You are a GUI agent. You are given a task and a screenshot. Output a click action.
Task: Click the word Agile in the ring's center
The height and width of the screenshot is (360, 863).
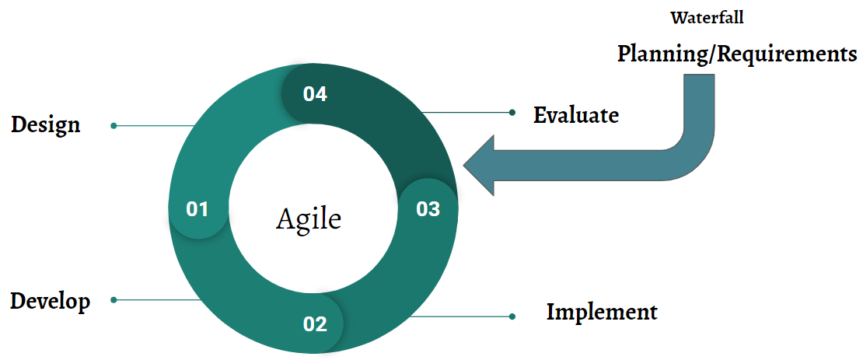coord(309,218)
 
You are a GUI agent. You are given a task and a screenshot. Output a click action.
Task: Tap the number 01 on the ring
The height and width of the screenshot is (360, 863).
coord(197,209)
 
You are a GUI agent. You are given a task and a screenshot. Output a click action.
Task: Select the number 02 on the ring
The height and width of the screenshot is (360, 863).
coord(315,324)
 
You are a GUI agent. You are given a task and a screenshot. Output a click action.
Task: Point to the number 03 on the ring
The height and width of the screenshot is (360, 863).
coord(428,209)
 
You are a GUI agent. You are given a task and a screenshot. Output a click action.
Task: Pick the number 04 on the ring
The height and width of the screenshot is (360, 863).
coord(315,94)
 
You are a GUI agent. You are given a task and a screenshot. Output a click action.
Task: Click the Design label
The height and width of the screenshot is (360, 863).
coord(46,124)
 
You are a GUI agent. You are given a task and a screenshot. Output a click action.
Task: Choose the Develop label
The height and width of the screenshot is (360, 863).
coord(50,301)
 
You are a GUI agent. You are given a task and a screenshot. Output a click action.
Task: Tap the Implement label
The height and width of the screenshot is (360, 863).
coord(602,313)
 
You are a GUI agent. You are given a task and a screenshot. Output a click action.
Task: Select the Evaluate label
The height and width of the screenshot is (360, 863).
coord(576,115)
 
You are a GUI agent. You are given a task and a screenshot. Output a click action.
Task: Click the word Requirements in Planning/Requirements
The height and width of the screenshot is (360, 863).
coord(786,54)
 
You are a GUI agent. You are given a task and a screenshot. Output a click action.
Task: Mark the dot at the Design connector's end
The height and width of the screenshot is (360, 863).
coord(114,125)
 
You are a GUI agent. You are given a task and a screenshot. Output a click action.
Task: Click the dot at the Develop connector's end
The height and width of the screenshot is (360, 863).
coord(114,299)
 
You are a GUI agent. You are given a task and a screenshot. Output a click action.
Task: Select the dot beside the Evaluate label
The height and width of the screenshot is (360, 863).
coord(512,113)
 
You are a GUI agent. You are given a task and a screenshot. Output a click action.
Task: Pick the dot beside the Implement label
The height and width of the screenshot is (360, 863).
coord(512,316)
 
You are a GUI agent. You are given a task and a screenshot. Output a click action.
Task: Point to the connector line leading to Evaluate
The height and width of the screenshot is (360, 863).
coord(466,113)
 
